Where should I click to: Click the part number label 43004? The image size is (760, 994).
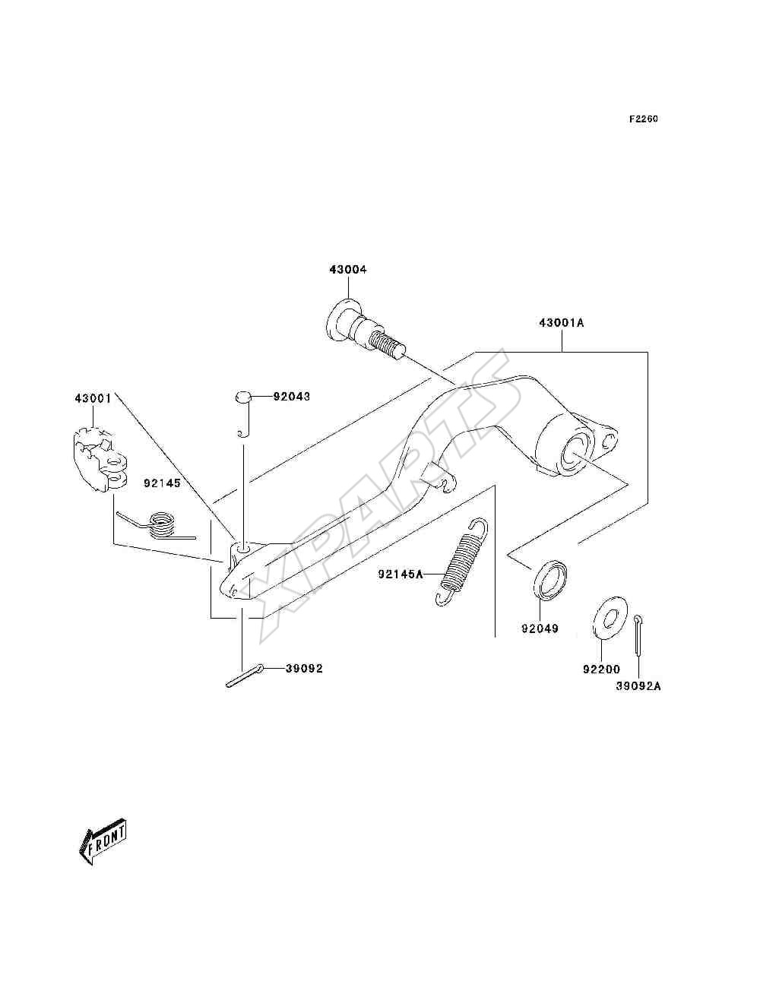coord(348,270)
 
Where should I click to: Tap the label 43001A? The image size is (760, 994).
coord(562,323)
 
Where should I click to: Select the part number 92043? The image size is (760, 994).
coord(292,397)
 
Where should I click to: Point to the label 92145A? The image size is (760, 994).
coord(401,575)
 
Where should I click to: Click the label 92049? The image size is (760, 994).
coord(540,628)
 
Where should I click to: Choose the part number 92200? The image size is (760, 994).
coord(601,670)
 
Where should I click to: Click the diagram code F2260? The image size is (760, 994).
coord(643,119)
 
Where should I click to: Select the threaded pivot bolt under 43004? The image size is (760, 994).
coord(366,329)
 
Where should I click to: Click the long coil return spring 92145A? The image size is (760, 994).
coord(462,562)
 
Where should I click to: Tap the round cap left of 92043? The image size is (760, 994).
coord(242,397)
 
